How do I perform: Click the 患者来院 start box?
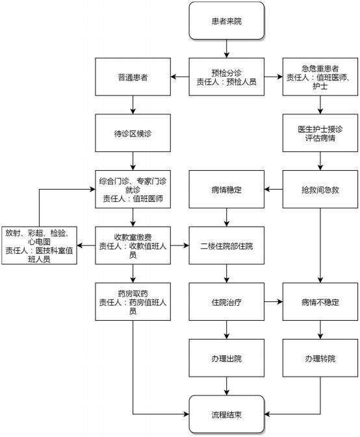tap(226, 21)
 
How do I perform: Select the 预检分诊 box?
tap(226, 77)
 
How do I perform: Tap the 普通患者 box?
tap(133, 77)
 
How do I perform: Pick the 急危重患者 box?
tap(320, 77)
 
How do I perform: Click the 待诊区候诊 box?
tap(133, 133)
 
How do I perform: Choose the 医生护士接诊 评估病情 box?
tap(320, 133)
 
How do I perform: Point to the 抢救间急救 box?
tap(320, 189)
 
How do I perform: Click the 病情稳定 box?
tap(226, 189)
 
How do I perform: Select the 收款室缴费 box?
tap(133, 245)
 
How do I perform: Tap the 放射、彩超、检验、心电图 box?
tap(40, 245)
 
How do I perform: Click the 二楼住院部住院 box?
tap(226, 245)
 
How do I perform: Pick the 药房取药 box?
tap(133, 302)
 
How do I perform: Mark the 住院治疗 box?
tap(226, 302)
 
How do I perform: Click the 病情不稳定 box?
tap(320, 302)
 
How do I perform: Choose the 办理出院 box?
tap(226, 358)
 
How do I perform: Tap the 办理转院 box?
tap(320, 358)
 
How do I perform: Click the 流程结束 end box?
tap(226, 414)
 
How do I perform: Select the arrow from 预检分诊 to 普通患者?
tap(180, 77)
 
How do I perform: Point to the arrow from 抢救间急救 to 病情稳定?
tap(274, 190)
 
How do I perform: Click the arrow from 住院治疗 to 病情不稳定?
tap(274, 302)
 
